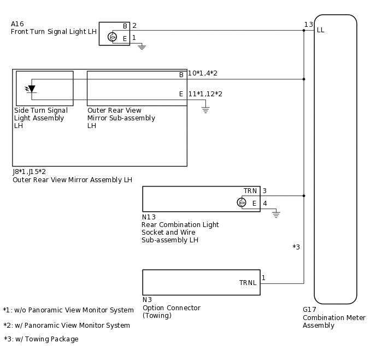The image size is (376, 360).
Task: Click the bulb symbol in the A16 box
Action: [x=112, y=37]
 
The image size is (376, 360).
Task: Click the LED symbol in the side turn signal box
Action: [x=31, y=89]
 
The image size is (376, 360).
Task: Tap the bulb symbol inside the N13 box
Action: [x=242, y=202]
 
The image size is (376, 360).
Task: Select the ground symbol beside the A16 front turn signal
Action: [x=142, y=47]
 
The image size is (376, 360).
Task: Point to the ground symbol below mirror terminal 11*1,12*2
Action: [x=205, y=110]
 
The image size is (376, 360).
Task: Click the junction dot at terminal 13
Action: [x=304, y=31]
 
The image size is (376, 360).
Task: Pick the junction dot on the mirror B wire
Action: [x=304, y=79]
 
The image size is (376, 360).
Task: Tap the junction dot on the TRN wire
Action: [x=304, y=196]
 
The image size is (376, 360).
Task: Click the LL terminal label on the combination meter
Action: [x=321, y=30]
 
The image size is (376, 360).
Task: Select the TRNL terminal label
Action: [x=248, y=283]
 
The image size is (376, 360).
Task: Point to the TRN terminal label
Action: [x=250, y=191]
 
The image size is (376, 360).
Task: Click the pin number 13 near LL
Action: [x=309, y=25]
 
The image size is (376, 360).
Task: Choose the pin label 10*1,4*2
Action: [x=203, y=73]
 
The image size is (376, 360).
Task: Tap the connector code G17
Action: [x=309, y=309]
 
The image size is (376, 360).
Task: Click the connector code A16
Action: [x=17, y=24]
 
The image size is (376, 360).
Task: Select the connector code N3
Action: [x=147, y=300]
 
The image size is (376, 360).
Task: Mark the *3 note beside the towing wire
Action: [x=296, y=247]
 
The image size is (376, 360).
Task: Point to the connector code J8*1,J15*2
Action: [x=30, y=172]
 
